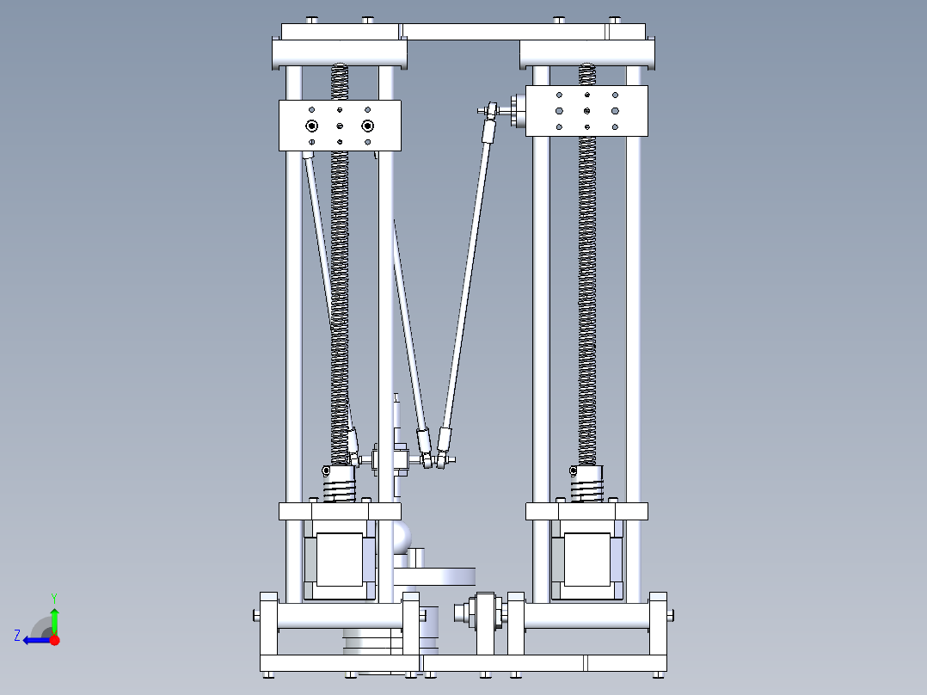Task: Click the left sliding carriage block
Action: (x=340, y=126)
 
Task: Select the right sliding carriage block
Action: (x=586, y=110)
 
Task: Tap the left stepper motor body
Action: (x=340, y=559)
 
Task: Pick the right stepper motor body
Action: (x=586, y=559)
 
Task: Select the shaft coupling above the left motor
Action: (x=340, y=485)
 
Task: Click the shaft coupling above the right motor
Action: (x=586, y=485)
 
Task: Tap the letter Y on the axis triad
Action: (x=53, y=597)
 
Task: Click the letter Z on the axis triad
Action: (x=17, y=636)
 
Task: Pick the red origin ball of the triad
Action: (x=54, y=640)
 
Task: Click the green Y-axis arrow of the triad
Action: (x=54, y=619)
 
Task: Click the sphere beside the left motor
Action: (x=402, y=538)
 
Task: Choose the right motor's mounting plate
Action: (x=586, y=511)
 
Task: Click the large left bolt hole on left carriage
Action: (x=312, y=126)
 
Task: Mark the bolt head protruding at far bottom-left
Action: (x=256, y=614)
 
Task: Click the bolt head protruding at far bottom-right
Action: (x=670, y=614)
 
